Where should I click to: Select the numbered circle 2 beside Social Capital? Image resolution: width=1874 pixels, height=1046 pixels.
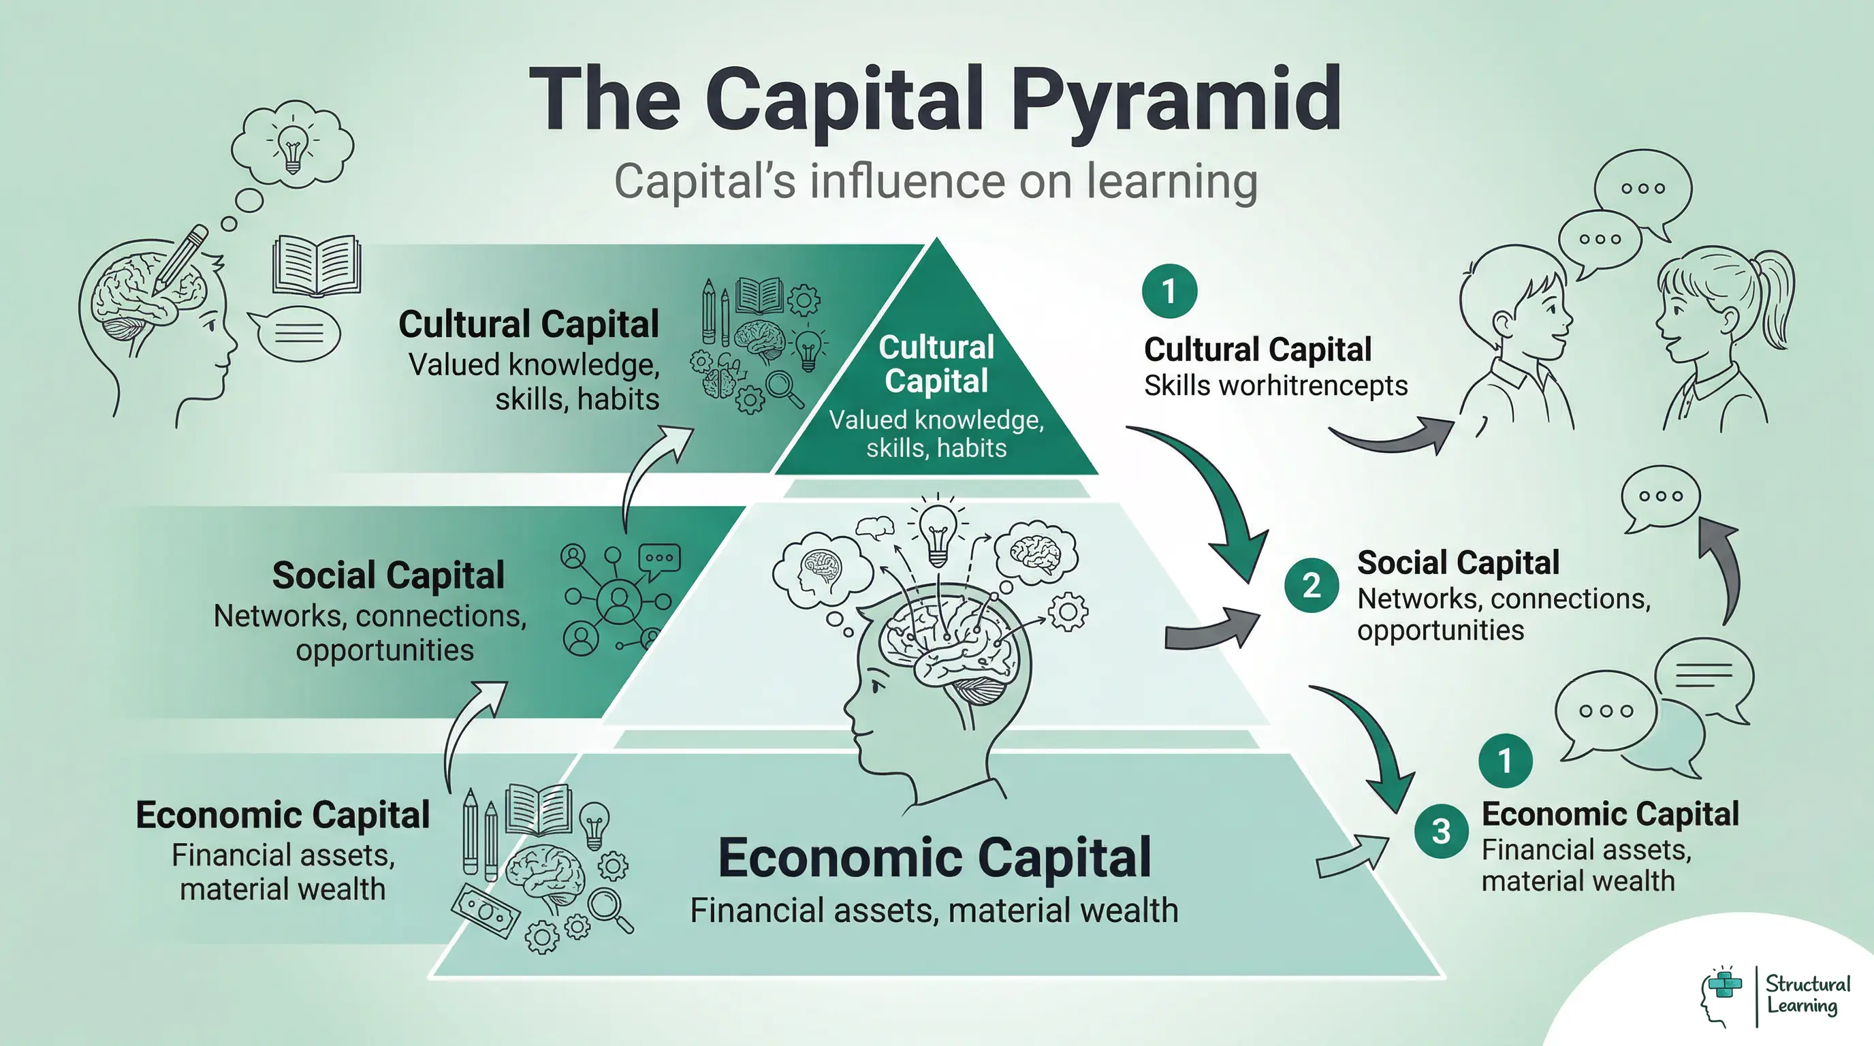[1311, 585]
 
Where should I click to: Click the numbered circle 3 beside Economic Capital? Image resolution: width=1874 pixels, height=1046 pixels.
[1440, 831]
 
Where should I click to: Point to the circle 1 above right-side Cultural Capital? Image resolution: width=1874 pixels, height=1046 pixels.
[1169, 291]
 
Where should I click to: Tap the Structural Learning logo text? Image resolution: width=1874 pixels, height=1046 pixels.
[1807, 994]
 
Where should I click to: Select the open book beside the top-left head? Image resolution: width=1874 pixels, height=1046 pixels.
[317, 266]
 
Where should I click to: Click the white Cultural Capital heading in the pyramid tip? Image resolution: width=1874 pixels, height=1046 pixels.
[936, 364]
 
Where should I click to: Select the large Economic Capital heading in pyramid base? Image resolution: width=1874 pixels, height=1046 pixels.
[934, 857]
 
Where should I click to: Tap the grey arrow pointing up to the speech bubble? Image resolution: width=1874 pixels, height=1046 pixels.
[1724, 567]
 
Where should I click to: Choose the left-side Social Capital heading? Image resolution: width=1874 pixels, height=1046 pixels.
[387, 575]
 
